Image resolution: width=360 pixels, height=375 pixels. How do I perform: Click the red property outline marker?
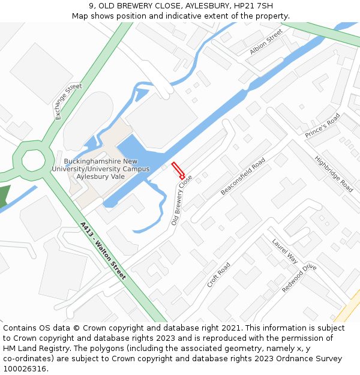pos(178,170)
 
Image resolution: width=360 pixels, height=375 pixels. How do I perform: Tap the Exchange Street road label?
pos(68,101)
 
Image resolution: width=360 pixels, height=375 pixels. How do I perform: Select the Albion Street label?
pos(266,42)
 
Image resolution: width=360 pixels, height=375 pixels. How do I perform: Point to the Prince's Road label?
pos(322,125)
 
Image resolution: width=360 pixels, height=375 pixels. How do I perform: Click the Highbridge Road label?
pos(334,173)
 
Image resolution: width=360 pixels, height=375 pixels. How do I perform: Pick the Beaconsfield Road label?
pos(243,176)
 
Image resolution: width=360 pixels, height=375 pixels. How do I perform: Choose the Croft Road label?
pos(218,275)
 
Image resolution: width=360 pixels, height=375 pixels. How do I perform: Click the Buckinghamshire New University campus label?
pos(100,169)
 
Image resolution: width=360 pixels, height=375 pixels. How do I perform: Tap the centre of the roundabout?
pos(33,160)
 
